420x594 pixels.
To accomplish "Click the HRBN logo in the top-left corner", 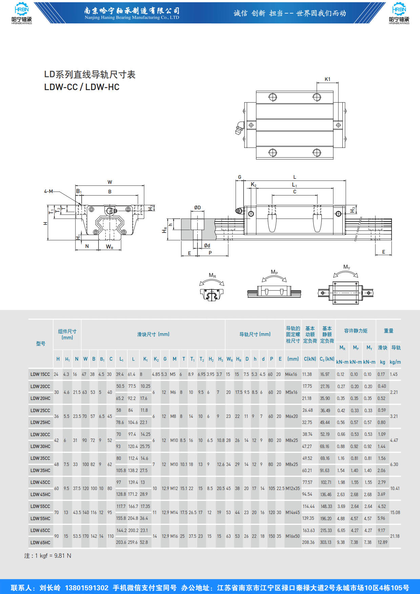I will (x=22, y=14).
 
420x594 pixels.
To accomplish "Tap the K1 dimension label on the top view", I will (x=327, y=79).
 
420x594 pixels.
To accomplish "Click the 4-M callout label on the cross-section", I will (x=48, y=191).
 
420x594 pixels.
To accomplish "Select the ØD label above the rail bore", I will (x=197, y=208).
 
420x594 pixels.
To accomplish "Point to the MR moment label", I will (x=212, y=276).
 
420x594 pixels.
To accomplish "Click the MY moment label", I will (x=347, y=267).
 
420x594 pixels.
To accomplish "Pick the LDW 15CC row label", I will (x=40, y=374).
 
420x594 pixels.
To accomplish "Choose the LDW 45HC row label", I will (x=40, y=494).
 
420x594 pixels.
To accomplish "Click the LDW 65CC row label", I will (x=40, y=530).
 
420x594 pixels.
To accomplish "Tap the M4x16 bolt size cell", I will (x=291, y=374).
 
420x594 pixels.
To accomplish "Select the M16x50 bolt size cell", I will (x=292, y=536).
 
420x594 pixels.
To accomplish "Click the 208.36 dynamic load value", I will (x=308, y=542).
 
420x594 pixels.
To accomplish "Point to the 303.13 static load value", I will (x=326, y=542).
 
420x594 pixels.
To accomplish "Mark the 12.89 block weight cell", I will (x=382, y=542).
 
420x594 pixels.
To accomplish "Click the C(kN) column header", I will (x=310, y=359).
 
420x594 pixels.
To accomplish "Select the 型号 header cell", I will (x=41, y=343).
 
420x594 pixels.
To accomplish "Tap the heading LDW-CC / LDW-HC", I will (x=82, y=87).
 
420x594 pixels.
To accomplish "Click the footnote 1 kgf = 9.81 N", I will (x=48, y=556).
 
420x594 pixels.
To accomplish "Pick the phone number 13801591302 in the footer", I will (x=86, y=588).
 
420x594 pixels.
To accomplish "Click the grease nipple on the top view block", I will (x=239, y=128).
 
